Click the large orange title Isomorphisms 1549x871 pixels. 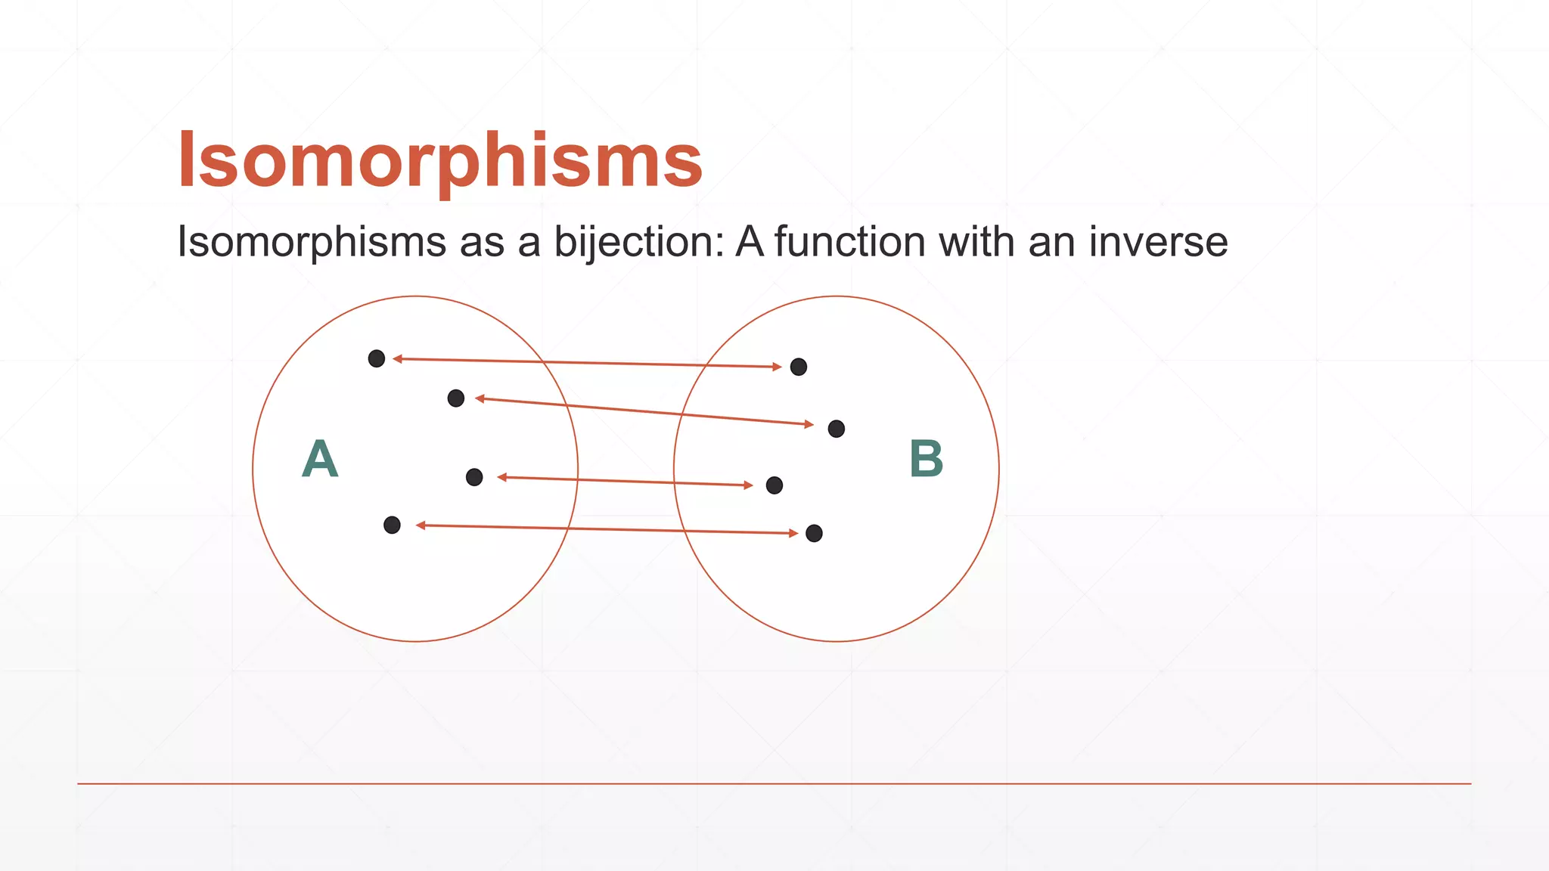440,160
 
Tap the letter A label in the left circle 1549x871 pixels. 320,458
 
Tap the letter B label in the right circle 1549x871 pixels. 927,458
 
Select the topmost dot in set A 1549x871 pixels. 377,358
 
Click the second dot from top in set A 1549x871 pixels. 456,398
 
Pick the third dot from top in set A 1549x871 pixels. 474,477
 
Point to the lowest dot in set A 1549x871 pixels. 392,525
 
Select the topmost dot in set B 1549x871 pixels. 799,367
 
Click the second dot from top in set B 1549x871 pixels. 837,429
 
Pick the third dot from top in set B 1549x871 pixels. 774,485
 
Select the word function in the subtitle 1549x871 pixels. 850,243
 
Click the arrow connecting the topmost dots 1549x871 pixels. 587,363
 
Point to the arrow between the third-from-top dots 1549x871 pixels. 625,481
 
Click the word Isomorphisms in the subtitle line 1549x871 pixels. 312,243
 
